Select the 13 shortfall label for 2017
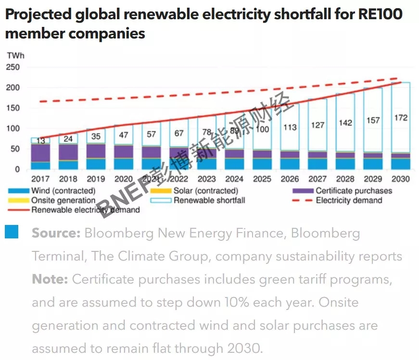point(41,141)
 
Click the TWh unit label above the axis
point(15,55)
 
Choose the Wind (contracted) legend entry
point(63,191)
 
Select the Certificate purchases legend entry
point(354,191)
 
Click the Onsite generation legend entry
point(63,200)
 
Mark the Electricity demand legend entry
point(349,200)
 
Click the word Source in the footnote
point(55,234)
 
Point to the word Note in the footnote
point(51,279)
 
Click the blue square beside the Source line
point(12,232)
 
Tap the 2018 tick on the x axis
point(67,179)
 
